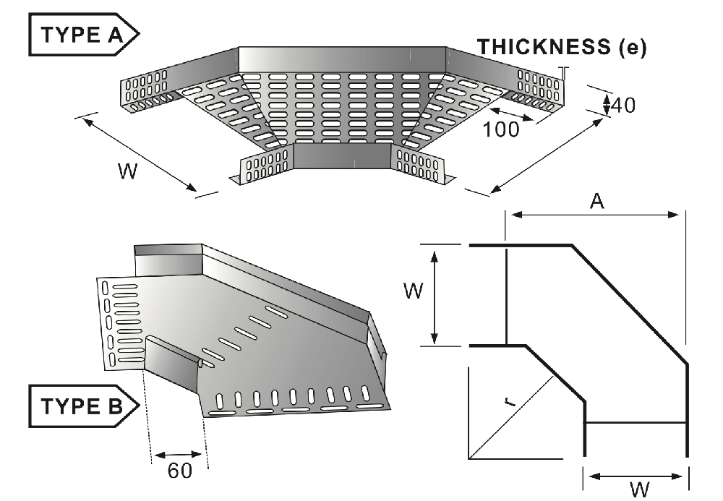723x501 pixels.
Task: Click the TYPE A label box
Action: click(81, 33)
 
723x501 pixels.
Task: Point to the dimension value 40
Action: click(623, 105)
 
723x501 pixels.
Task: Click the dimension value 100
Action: click(501, 130)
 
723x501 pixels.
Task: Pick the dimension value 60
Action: click(179, 471)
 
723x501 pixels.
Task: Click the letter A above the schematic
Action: click(596, 202)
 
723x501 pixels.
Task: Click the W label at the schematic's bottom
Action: click(637, 491)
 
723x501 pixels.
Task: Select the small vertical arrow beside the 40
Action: click(607, 103)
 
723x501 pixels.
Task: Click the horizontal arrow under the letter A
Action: click(595, 214)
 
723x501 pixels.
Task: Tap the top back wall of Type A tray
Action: click(342, 59)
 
